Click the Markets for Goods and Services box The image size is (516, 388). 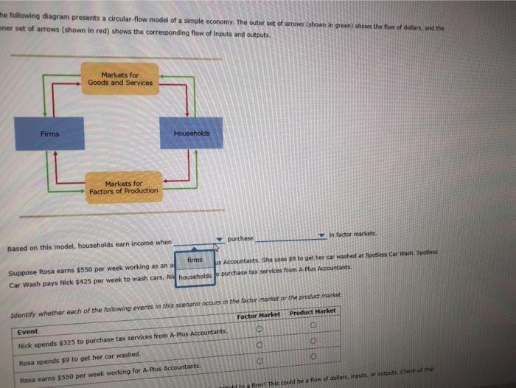tap(120, 79)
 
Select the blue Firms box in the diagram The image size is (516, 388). tap(49, 133)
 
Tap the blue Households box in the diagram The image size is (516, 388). tap(191, 133)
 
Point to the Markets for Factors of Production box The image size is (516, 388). tap(123, 187)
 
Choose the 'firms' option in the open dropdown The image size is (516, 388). tap(195, 261)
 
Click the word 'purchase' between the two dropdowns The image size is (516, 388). tap(241, 238)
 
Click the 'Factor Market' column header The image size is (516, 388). tap(258, 316)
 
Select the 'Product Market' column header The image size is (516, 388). tap(313, 312)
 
